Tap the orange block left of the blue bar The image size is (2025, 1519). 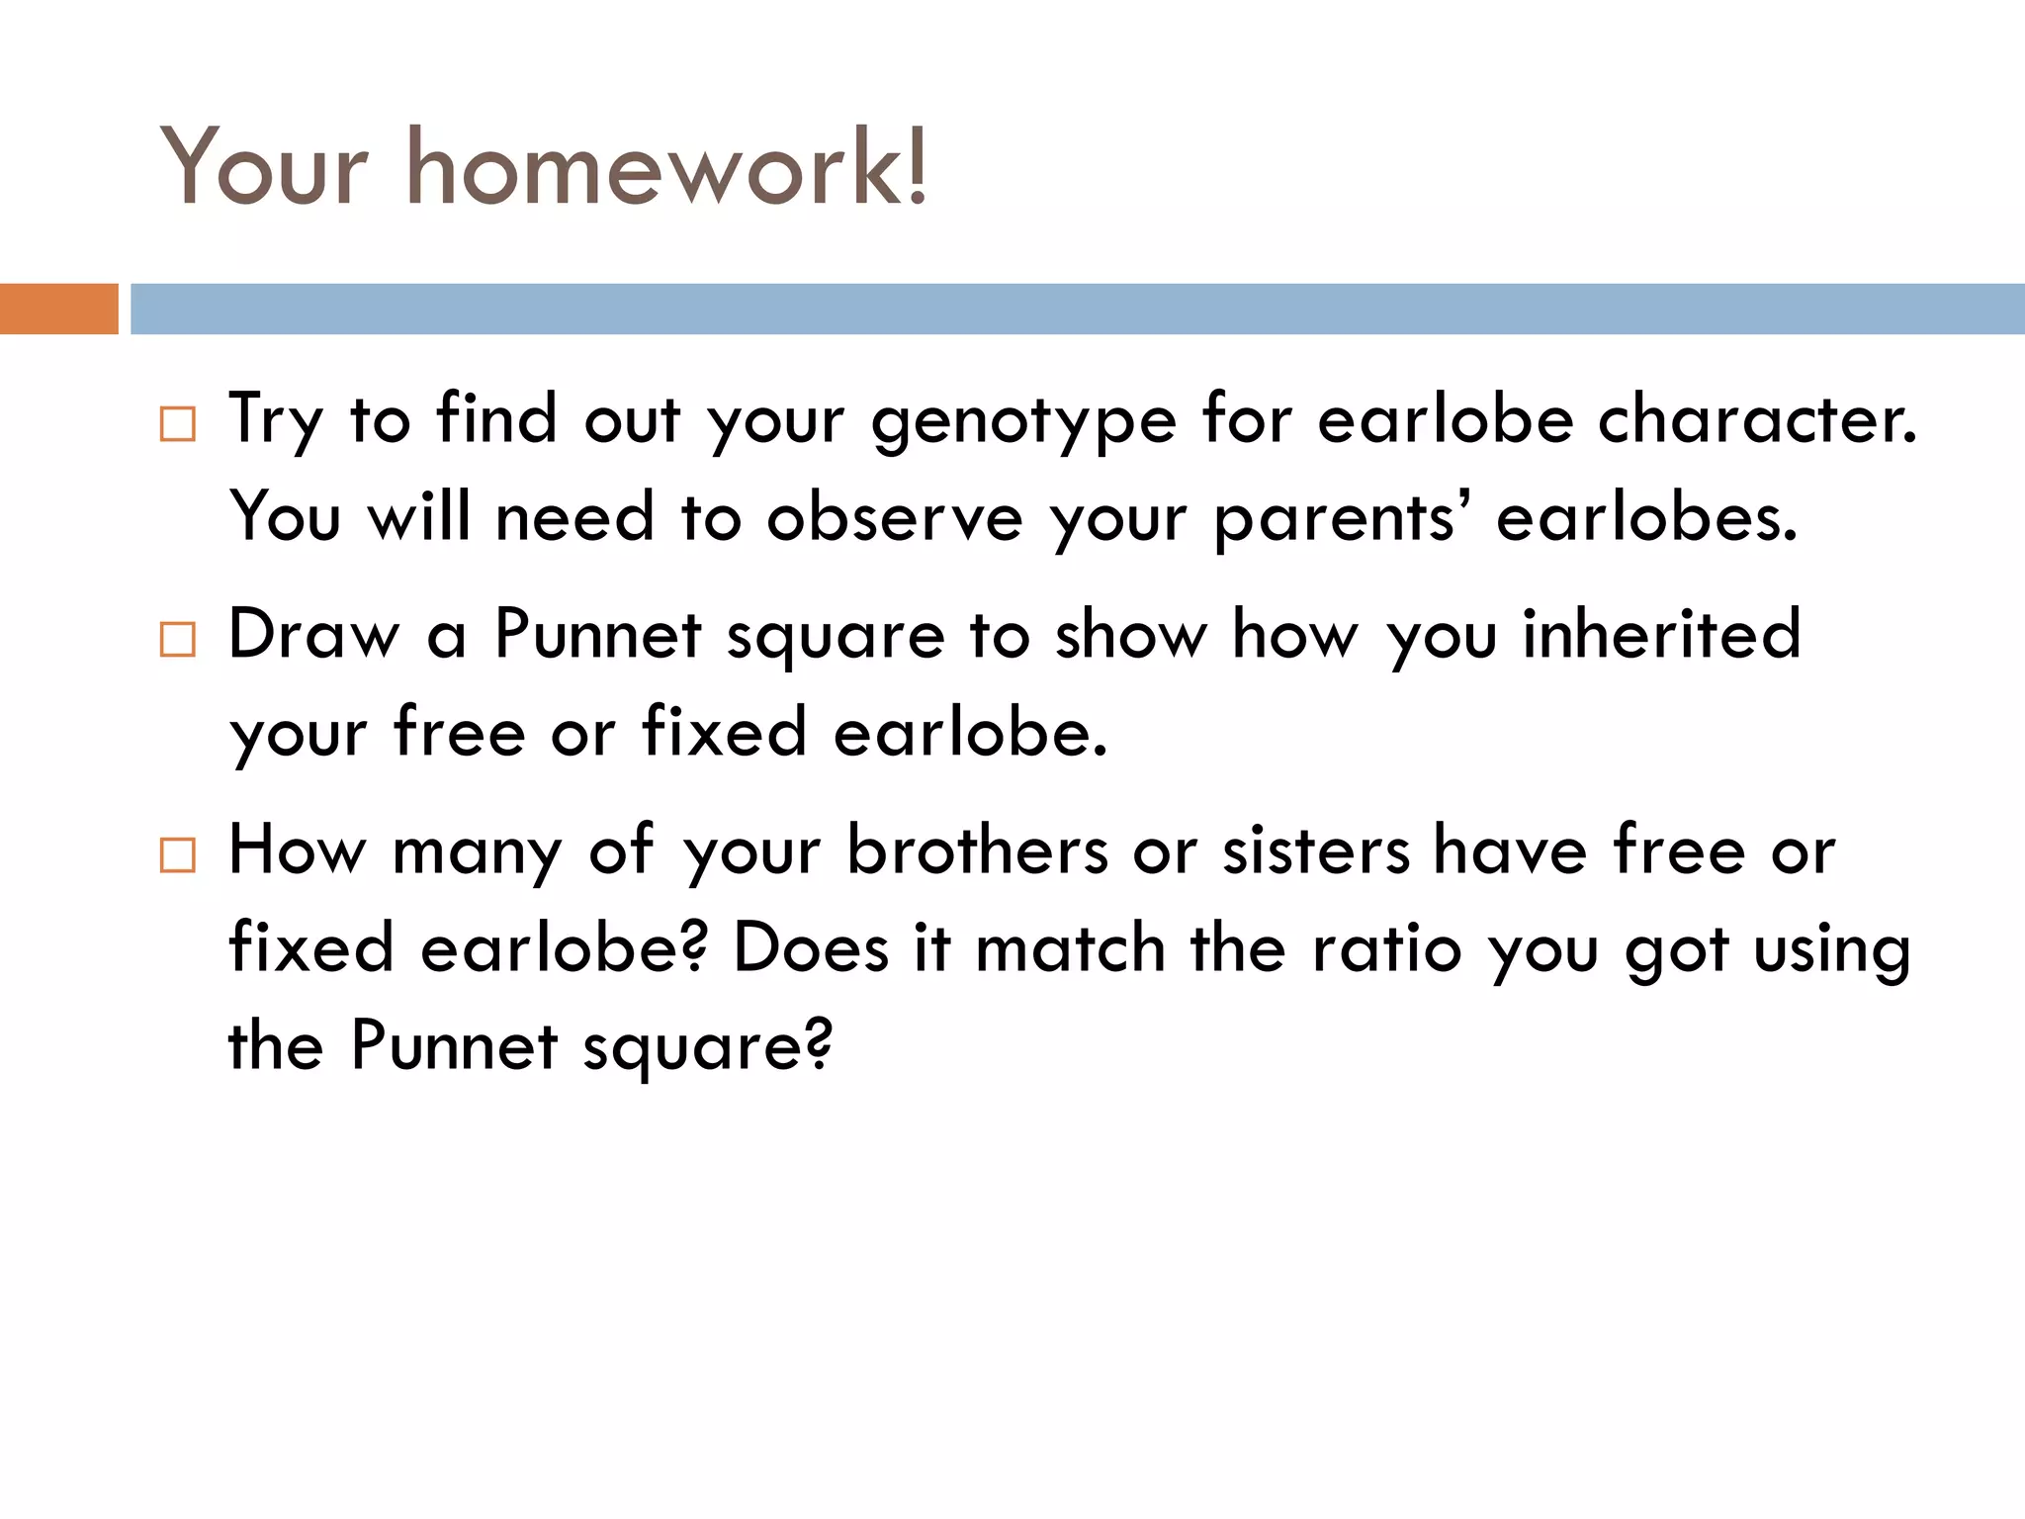coord(58,309)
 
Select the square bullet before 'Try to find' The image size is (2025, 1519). coord(178,424)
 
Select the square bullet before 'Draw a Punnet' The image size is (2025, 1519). coord(178,640)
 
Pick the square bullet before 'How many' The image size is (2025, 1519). coord(178,854)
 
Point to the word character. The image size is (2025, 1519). coord(1757,419)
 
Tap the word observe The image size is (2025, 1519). coord(895,517)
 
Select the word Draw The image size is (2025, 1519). coord(314,634)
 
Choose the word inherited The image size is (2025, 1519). coord(1661,634)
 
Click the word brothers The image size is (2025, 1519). coord(978,849)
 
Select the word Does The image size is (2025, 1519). coord(811,947)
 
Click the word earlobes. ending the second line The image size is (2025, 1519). coord(1646,517)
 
